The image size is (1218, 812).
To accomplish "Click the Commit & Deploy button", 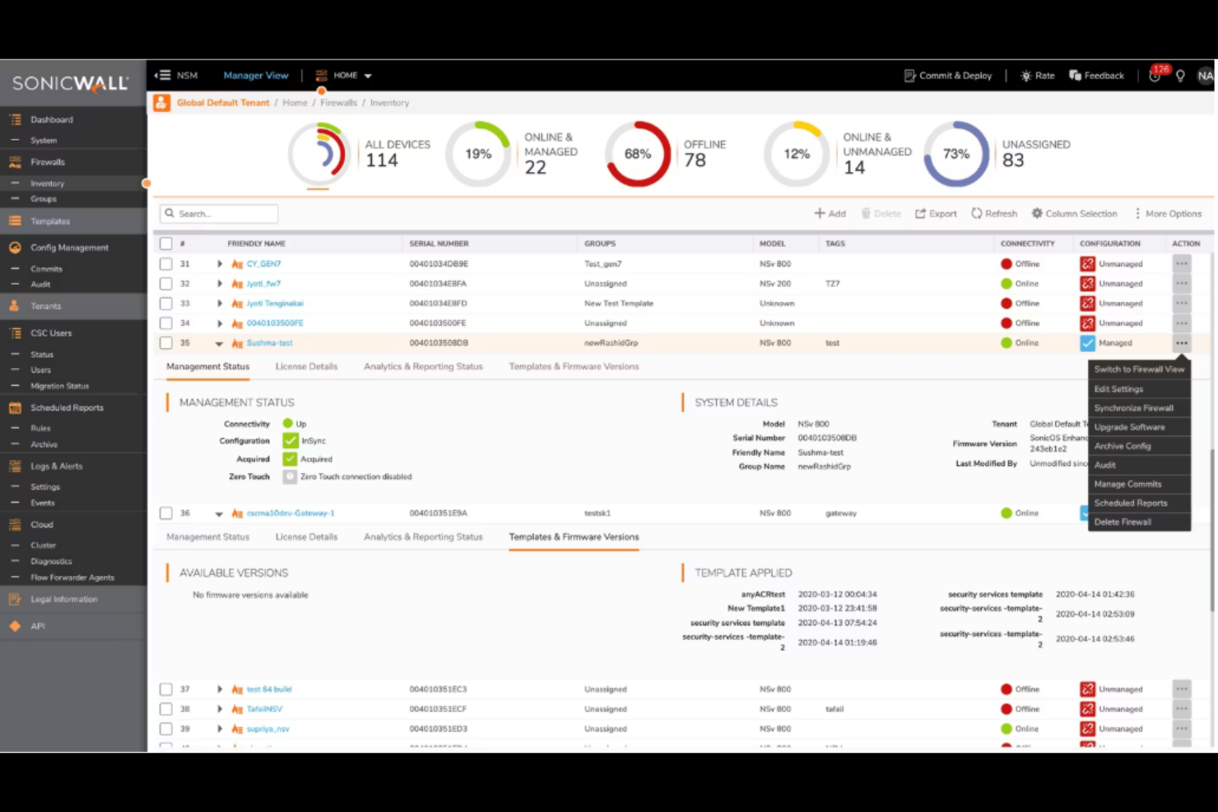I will coord(948,76).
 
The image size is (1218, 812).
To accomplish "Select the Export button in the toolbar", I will coord(936,214).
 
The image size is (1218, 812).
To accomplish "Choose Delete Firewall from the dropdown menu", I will coord(1123,522).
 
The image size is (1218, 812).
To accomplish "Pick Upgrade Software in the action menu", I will coord(1129,427).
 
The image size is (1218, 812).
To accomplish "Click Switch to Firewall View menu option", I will coord(1139,369).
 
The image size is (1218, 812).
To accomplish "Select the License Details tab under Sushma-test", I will coord(306,367).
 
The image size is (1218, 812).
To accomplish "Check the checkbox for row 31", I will coord(166,264).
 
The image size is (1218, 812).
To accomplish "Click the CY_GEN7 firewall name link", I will coord(263,264).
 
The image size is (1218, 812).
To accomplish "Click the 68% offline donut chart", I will coord(638,154).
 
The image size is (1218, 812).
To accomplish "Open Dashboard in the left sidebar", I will coord(52,120).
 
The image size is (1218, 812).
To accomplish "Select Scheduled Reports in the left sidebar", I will coord(67,408).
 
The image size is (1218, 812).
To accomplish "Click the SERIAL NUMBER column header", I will coord(439,244).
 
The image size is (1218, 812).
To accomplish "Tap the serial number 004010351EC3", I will coord(438,689).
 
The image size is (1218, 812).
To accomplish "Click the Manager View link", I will coord(256,76).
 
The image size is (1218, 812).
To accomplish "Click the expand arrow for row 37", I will coord(220,689).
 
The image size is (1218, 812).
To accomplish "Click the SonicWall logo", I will coord(71,83).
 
